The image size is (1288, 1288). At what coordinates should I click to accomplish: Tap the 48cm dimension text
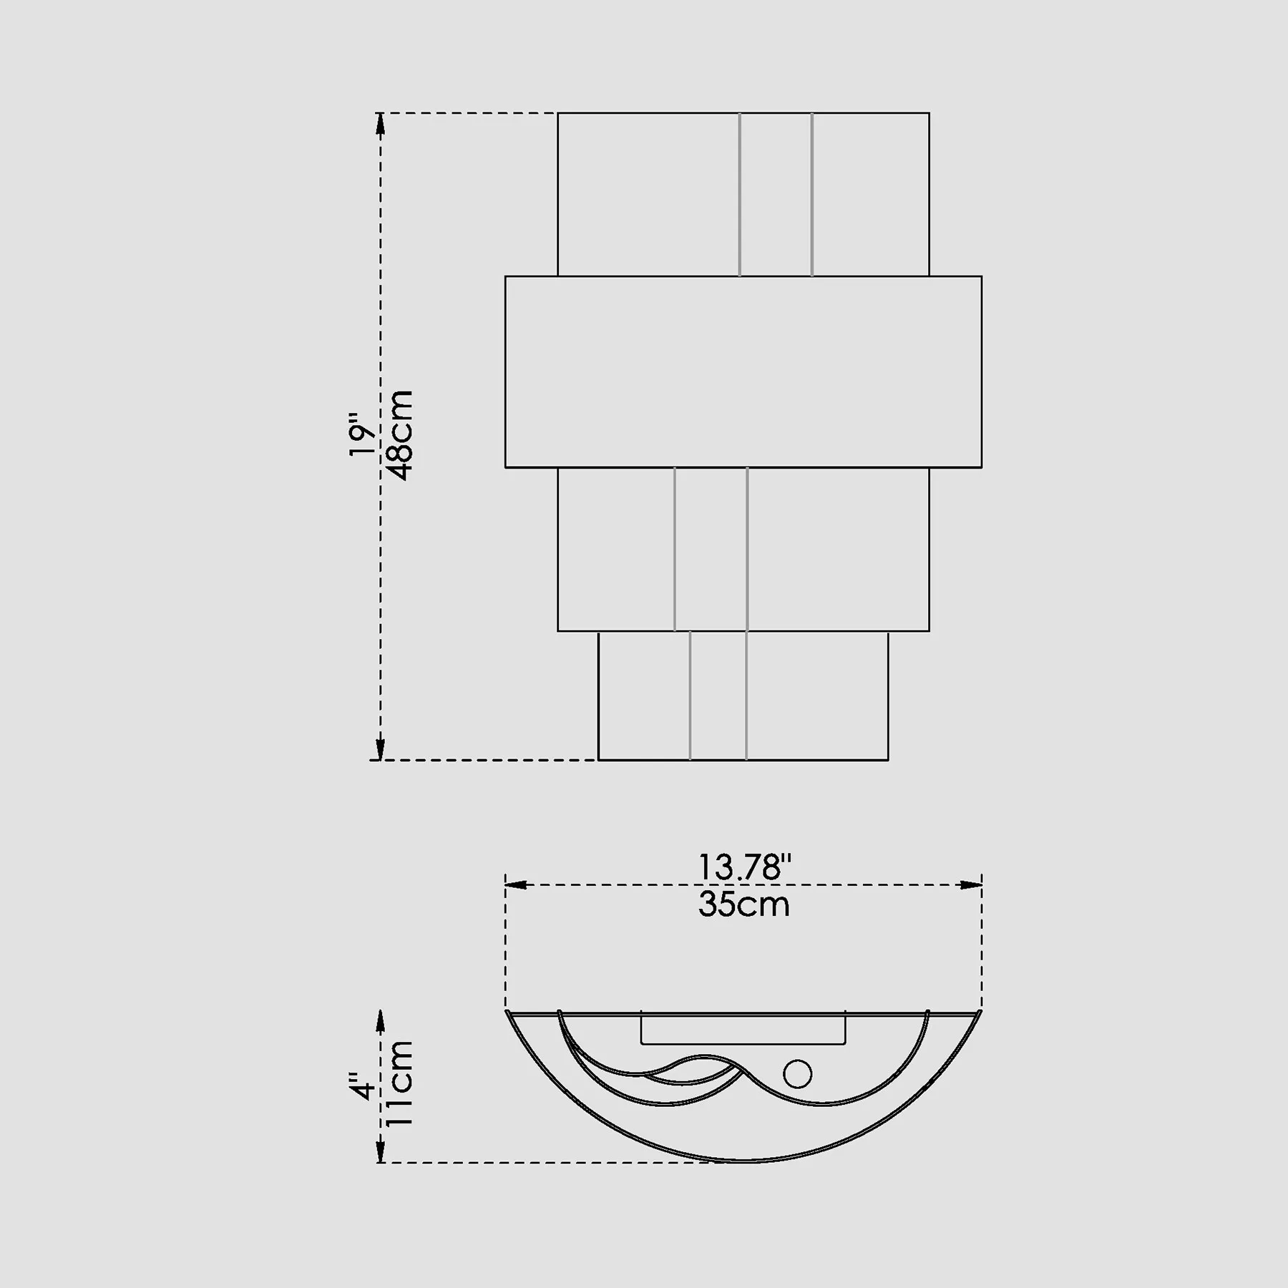click(x=399, y=435)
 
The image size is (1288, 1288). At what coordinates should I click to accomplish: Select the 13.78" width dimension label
click(x=744, y=867)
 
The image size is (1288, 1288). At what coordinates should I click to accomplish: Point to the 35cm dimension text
click(x=744, y=904)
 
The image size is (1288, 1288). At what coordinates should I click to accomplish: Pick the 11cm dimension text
click(x=399, y=1083)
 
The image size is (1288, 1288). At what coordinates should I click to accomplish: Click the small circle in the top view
click(x=797, y=1074)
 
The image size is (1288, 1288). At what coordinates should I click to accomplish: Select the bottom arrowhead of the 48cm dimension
click(x=381, y=748)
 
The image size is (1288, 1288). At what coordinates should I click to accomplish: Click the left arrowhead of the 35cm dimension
click(x=517, y=885)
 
